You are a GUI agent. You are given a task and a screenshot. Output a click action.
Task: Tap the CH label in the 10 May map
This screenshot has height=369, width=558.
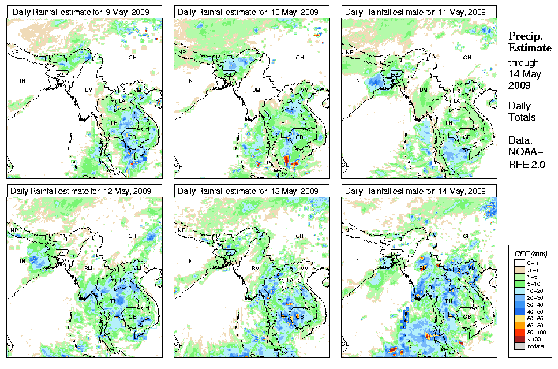click(299, 57)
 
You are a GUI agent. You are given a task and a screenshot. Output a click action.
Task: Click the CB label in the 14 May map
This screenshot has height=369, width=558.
click(466, 316)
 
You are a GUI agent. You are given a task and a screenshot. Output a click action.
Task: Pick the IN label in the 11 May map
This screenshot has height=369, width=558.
click(357, 80)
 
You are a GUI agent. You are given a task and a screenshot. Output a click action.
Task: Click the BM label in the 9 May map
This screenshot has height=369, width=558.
click(89, 90)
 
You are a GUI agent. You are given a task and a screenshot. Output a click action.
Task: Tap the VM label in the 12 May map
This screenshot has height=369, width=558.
click(137, 269)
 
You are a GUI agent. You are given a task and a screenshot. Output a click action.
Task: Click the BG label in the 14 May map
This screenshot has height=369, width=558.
click(395, 254)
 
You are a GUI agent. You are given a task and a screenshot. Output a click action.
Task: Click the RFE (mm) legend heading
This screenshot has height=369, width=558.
click(530, 254)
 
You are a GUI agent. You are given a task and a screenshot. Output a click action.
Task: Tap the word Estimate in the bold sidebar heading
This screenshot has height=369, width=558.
click(529, 47)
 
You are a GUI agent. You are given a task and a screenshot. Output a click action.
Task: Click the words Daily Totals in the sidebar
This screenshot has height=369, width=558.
click(522, 111)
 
